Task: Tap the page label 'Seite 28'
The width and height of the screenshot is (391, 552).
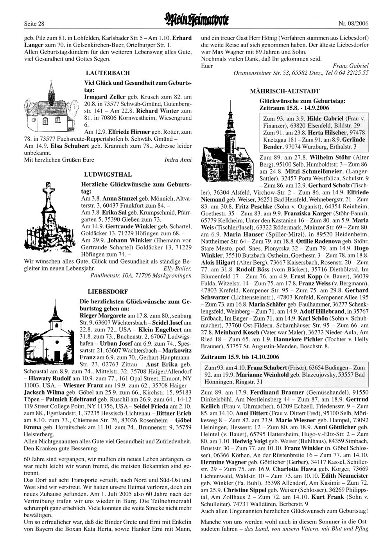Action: coord(33,24)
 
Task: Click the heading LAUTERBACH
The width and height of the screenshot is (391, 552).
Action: coord(107,73)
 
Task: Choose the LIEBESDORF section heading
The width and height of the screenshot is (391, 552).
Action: coord(102,292)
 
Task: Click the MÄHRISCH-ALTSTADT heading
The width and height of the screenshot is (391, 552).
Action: coord(285,91)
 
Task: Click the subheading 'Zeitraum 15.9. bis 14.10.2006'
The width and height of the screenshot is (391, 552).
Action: coord(240,357)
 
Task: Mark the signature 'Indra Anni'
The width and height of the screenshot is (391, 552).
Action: coord(178,160)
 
